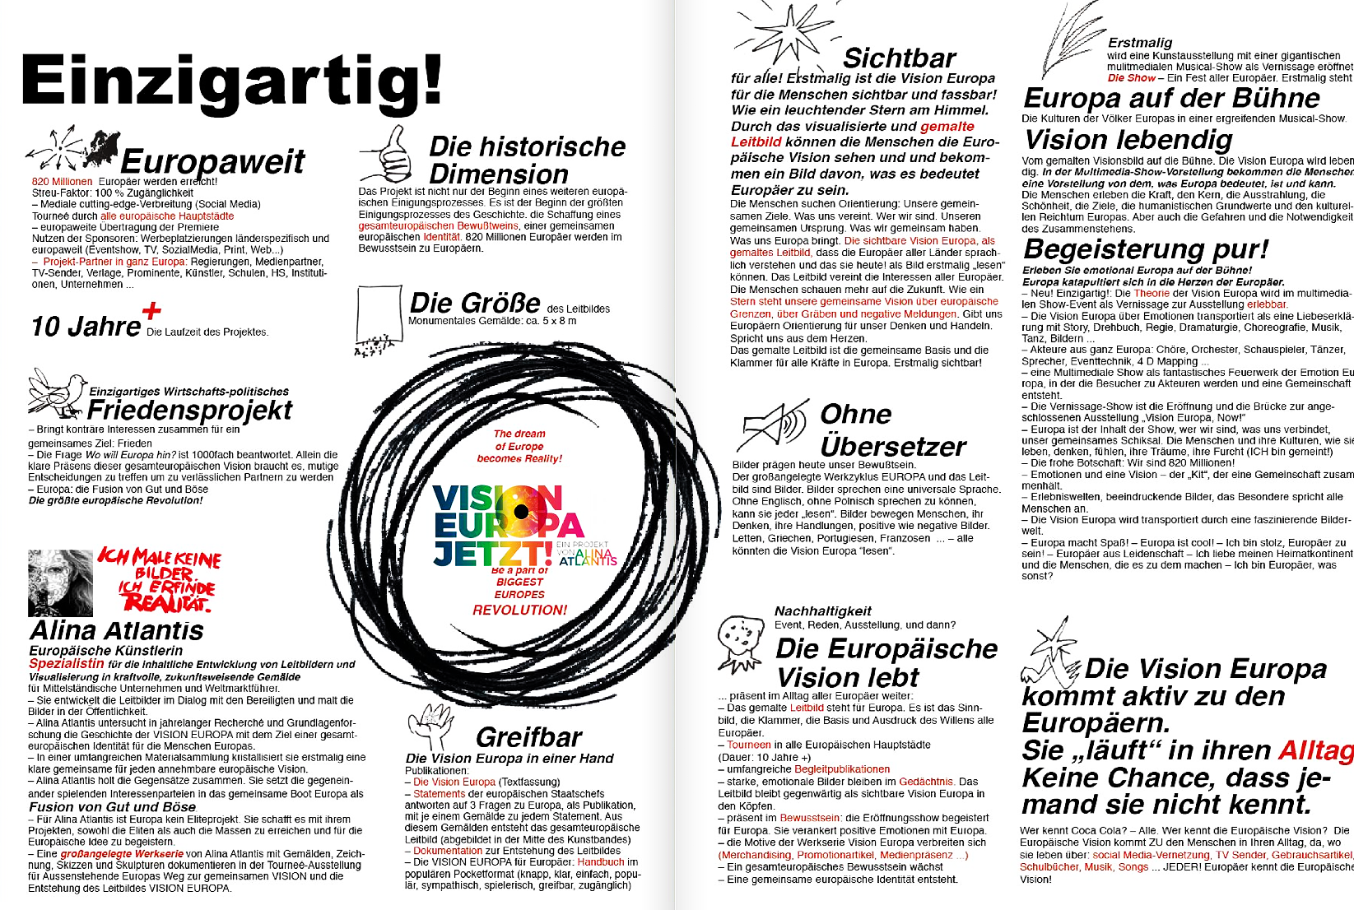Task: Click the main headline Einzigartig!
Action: [x=230, y=82]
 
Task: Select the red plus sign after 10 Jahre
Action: [x=151, y=311]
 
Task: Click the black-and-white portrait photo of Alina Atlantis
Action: [x=60, y=583]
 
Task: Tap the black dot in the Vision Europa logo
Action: [x=520, y=512]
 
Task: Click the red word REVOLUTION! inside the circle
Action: [x=519, y=610]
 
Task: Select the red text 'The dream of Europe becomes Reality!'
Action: [x=519, y=446]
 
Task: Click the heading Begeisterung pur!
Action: [x=1145, y=248]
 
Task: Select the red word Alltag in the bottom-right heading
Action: [x=1315, y=750]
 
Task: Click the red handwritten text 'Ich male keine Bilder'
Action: [x=160, y=566]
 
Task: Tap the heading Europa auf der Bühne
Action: [x=1170, y=99]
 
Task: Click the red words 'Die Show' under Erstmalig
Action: [x=1131, y=78]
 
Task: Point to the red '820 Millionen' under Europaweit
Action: [x=62, y=182]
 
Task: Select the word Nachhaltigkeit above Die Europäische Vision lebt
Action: [x=822, y=611]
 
